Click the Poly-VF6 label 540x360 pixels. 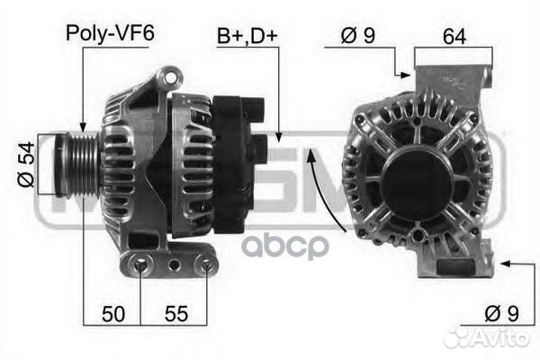[110, 33]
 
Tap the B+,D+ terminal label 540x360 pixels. [247, 36]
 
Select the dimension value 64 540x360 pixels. [454, 36]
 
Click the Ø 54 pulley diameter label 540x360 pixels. [26, 165]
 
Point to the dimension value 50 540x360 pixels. [113, 313]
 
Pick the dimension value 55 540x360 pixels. [176, 313]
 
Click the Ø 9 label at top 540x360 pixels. [358, 35]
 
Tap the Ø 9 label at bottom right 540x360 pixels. [501, 313]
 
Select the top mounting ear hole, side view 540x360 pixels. [170, 78]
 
